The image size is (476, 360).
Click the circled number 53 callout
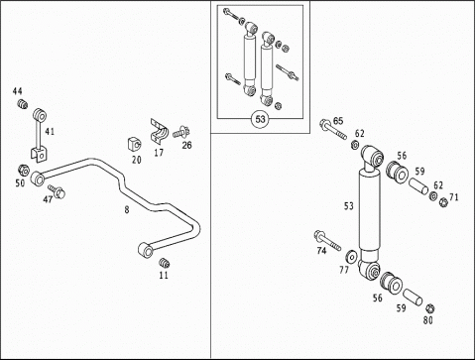261,119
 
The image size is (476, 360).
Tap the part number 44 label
18,91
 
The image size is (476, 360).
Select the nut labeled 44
23,104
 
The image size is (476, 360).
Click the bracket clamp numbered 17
159,132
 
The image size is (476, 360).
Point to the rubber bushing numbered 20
134,145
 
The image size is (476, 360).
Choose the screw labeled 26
181,132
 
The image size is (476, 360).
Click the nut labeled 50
23,171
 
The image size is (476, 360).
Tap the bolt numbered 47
57,191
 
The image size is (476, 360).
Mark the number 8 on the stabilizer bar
127,209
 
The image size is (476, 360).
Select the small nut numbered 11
164,263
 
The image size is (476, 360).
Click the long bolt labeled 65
333,130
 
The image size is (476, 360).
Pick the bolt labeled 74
327,240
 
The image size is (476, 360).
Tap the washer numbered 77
351,257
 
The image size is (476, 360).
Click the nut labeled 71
443,202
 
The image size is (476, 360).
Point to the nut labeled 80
429,308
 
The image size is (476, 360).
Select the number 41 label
50,132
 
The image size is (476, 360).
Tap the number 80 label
427,320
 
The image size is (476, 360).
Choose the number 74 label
321,251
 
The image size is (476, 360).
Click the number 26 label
186,145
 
